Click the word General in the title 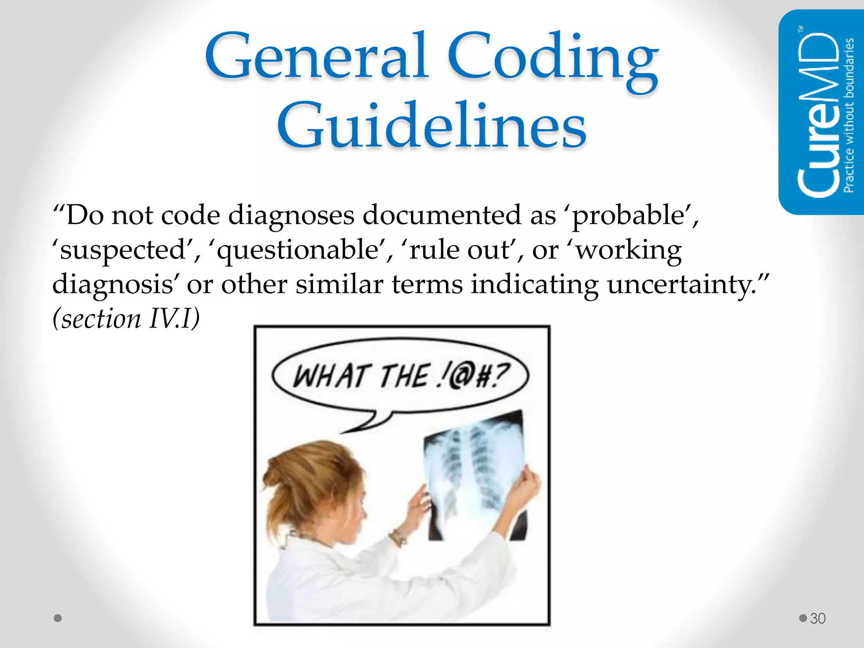click(316, 57)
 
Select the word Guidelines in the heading click(432, 127)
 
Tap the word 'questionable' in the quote click(298, 250)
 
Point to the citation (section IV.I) click(126, 319)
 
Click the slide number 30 click(818, 618)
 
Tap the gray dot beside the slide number click(803, 618)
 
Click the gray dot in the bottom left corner click(58, 618)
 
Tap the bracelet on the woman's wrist click(397, 537)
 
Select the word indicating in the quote click(535, 284)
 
